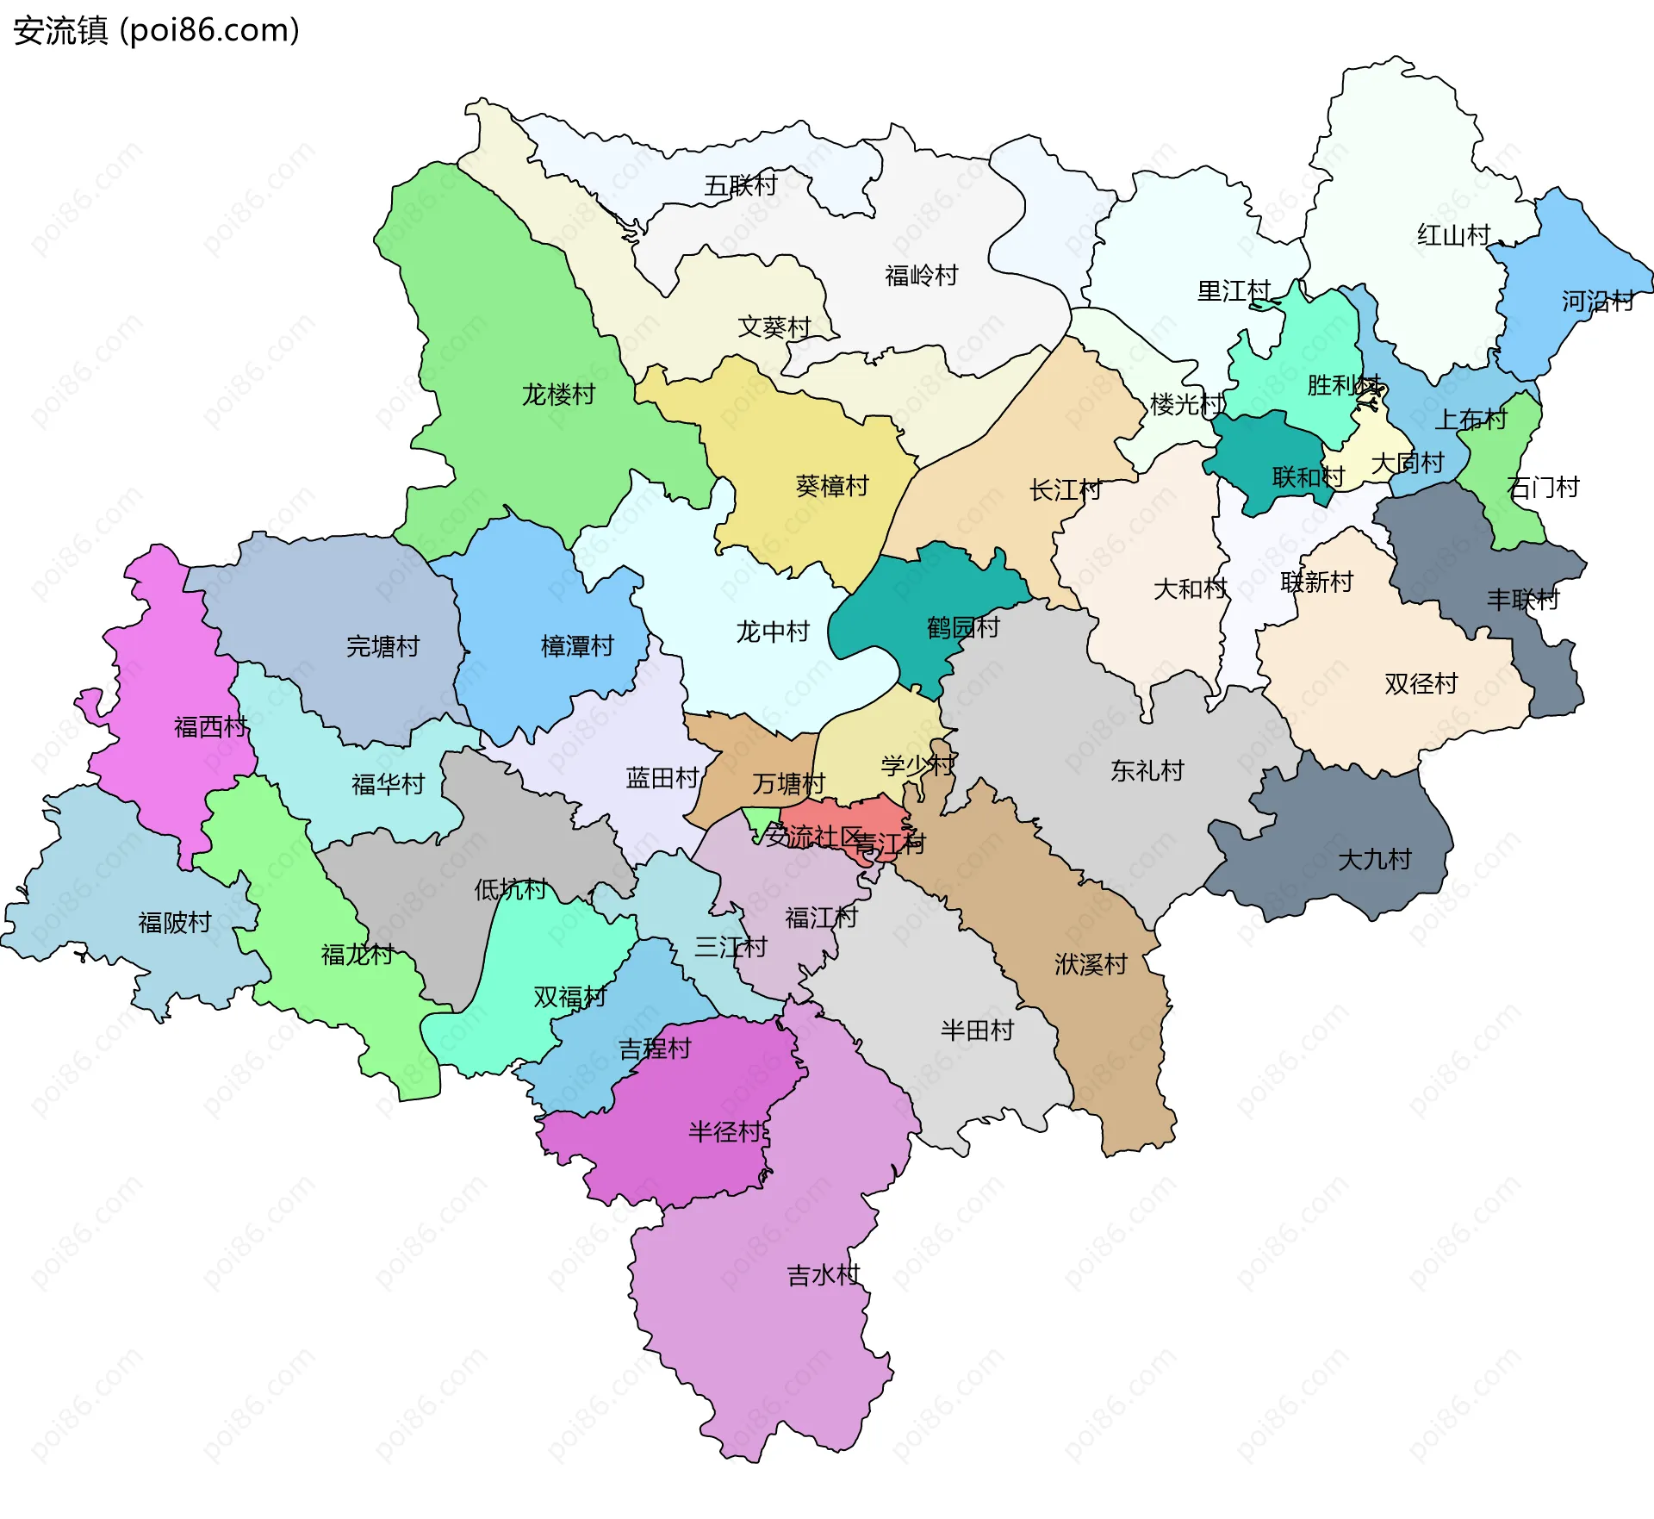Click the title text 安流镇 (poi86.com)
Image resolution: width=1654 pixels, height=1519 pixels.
click(156, 31)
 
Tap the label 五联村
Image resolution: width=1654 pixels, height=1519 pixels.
click(740, 185)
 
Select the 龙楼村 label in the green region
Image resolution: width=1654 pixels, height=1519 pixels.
click(558, 395)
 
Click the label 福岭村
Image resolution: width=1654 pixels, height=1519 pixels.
click(921, 276)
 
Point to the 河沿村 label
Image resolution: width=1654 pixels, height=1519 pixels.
click(1597, 301)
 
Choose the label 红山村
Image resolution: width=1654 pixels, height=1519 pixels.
click(1453, 235)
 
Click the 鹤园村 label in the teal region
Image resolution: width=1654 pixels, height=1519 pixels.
click(962, 627)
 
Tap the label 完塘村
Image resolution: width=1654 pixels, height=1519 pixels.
click(382, 646)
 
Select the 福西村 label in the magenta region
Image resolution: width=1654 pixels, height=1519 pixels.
click(210, 727)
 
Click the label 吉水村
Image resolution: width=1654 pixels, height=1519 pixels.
click(823, 1275)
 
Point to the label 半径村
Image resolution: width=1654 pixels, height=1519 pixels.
click(725, 1132)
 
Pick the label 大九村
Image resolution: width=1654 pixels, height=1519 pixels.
click(1374, 859)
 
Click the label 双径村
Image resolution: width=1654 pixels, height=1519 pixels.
click(1421, 684)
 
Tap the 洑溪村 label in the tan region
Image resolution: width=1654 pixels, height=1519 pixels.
click(1091, 964)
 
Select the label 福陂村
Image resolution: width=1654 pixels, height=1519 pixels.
click(175, 923)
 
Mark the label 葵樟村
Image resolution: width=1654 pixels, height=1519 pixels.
click(831, 487)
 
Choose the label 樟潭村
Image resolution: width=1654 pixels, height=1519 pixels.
click(576, 646)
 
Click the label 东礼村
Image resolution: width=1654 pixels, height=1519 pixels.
click(1147, 770)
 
